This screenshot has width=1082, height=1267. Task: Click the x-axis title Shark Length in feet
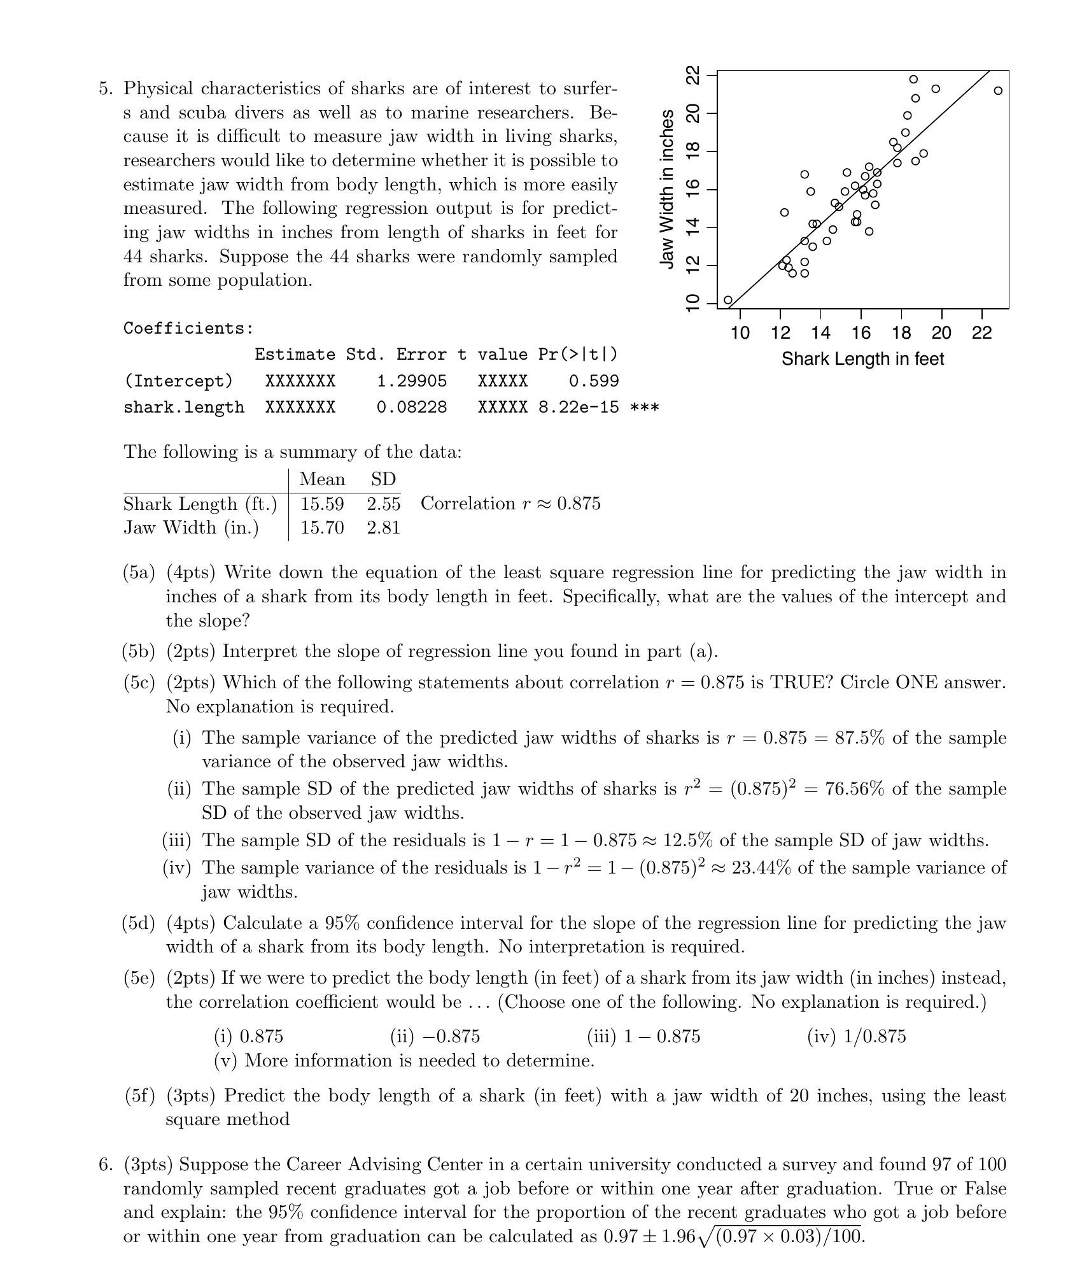click(862, 359)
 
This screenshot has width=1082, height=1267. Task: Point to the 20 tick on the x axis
click(941, 332)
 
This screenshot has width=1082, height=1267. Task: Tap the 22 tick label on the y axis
click(692, 75)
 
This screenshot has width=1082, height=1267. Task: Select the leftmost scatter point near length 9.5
click(728, 300)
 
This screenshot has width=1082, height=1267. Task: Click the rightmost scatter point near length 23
click(998, 91)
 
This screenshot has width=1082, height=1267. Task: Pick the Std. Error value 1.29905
click(412, 381)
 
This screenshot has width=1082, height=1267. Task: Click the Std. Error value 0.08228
click(412, 407)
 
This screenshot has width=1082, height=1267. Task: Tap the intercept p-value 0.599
click(593, 381)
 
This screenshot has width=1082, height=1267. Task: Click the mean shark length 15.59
click(322, 504)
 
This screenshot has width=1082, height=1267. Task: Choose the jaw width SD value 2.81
click(383, 528)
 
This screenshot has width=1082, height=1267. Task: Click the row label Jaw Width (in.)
click(191, 528)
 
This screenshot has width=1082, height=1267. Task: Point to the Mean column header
click(322, 479)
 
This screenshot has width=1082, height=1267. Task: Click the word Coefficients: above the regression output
click(189, 329)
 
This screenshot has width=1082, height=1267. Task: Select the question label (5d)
click(139, 923)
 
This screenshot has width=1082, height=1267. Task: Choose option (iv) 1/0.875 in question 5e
click(856, 1037)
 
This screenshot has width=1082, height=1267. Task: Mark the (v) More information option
click(404, 1061)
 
